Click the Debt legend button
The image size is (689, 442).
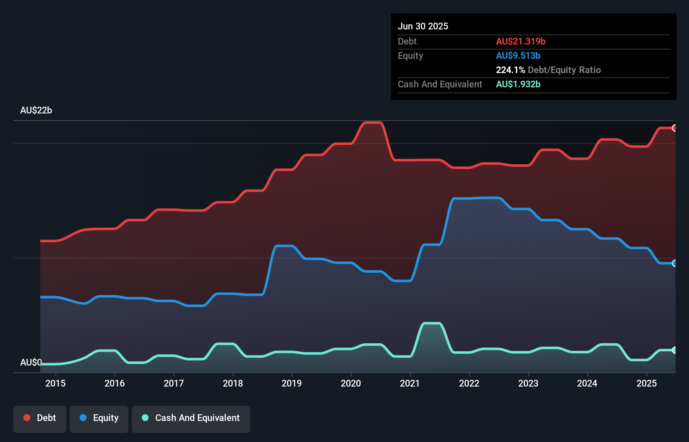pos(40,418)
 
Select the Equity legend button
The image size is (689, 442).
pos(99,418)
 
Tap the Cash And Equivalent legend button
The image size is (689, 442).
pos(191,418)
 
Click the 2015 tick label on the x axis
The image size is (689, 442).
pos(55,384)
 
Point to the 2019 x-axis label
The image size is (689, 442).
pos(292,384)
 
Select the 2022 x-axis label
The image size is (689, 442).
pos(469,384)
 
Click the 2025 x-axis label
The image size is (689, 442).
pos(647,384)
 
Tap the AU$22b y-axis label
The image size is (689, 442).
pos(36,110)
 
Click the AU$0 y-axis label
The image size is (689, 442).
pos(31,363)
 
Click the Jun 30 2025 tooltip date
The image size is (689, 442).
pos(423,26)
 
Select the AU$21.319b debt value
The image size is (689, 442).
pos(521,42)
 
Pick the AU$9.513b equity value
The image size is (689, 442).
pos(518,56)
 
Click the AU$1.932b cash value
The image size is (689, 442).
pos(518,84)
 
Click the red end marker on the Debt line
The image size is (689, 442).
pos(674,128)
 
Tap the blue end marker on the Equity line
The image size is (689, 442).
pos(674,263)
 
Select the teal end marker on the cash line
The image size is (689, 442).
pos(674,350)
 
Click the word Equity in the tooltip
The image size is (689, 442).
pos(410,56)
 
